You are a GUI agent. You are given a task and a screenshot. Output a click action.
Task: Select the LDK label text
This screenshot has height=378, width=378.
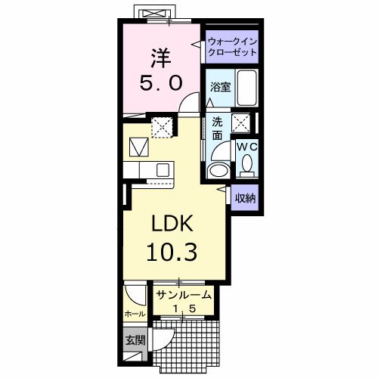pyautogui.click(x=175, y=224)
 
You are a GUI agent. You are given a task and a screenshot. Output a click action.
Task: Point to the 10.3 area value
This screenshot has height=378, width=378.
pyautogui.click(x=175, y=253)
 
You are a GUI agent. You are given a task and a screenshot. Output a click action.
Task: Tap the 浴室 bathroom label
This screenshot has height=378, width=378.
pyautogui.click(x=220, y=87)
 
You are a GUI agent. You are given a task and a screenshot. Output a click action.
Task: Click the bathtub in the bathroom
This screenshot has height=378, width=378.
pyautogui.click(x=246, y=86)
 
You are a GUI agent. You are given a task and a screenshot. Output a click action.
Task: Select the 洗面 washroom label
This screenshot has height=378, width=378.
pyautogui.click(x=217, y=129)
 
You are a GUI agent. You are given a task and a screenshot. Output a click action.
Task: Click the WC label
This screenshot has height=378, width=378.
pyautogui.click(x=247, y=147)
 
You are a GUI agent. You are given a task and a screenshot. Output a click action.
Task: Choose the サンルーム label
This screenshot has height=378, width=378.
pyautogui.click(x=184, y=294)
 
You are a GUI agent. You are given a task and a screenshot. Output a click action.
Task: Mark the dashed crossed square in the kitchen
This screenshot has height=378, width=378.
pyautogui.click(x=162, y=125)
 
